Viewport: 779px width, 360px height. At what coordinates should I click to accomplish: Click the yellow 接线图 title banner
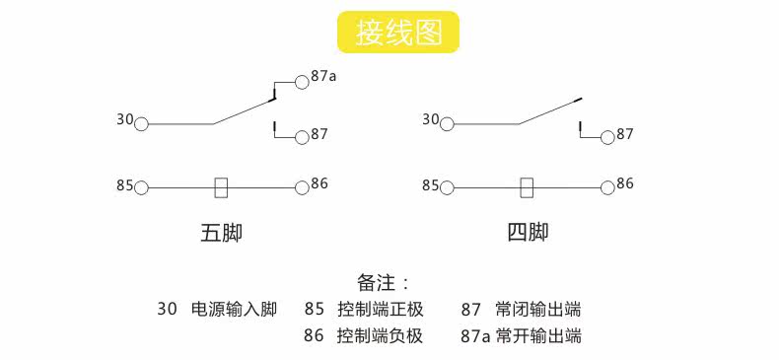tap(398, 33)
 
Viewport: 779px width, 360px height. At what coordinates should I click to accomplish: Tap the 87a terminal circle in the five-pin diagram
tap(302, 82)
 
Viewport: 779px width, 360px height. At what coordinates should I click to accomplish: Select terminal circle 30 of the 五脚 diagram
tap(142, 124)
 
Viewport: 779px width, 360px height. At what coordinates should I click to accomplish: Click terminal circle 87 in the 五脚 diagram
tap(302, 138)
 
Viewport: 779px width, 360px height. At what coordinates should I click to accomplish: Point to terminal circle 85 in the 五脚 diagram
tap(142, 188)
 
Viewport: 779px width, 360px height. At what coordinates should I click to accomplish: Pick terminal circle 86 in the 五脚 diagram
tap(302, 188)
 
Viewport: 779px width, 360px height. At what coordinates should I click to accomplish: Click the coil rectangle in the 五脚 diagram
tap(222, 188)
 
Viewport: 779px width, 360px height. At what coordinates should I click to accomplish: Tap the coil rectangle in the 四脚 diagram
tap(528, 188)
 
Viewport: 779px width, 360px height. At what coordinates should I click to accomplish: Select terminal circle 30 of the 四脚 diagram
tap(447, 124)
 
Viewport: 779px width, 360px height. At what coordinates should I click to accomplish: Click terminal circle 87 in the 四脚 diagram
tap(607, 138)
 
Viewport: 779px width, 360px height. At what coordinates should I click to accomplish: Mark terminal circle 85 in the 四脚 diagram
tap(447, 188)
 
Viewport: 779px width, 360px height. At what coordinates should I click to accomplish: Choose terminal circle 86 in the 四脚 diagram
tap(607, 188)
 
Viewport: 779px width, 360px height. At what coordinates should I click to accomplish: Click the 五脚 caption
tap(222, 233)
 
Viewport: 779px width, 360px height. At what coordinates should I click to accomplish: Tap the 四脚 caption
tap(528, 232)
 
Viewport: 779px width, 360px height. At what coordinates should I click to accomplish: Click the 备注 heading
tap(376, 283)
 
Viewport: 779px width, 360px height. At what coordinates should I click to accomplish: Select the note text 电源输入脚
tap(234, 310)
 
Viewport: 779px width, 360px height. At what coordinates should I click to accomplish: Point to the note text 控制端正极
tap(380, 310)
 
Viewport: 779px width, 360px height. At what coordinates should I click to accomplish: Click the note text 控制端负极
tap(380, 335)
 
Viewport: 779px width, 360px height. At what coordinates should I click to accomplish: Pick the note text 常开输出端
tap(538, 335)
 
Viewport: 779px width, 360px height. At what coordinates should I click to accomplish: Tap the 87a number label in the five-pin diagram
tap(323, 76)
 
